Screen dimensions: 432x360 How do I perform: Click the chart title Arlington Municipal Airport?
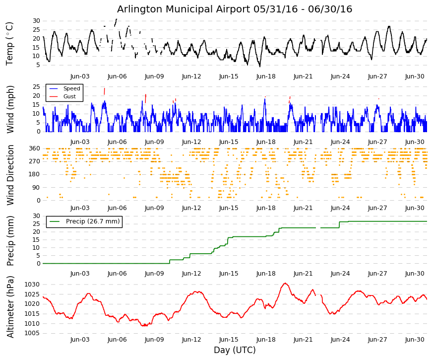(x=183, y=9)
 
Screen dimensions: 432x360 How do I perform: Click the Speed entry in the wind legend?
(x=71, y=88)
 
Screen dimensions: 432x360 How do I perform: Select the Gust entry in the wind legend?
(x=69, y=96)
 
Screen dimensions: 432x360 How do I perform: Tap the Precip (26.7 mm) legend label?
(x=93, y=221)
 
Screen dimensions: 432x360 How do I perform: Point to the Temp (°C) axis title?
(x=9, y=44)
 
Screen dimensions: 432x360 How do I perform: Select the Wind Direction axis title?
(x=10, y=175)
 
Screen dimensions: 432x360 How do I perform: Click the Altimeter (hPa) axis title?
(x=10, y=307)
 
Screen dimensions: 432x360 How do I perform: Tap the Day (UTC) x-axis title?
(x=235, y=350)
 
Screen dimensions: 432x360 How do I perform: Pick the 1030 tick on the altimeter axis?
(x=32, y=285)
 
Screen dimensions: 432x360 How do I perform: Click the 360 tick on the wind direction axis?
(x=34, y=148)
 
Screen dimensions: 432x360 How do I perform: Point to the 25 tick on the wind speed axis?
(x=36, y=86)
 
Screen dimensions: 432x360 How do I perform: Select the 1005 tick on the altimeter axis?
(x=32, y=333)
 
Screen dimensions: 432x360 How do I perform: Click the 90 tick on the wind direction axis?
(x=36, y=188)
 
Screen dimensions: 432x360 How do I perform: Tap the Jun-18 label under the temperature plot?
(x=266, y=76)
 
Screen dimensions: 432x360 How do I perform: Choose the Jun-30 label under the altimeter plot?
(x=415, y=340)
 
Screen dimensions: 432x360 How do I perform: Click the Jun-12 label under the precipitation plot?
(x=191, y=274)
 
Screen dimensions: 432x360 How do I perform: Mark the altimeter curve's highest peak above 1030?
(x=285, y=283)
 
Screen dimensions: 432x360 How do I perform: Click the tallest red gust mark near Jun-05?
(x=105, y=91)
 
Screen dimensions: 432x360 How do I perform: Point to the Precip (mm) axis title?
(x=10, y=240)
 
